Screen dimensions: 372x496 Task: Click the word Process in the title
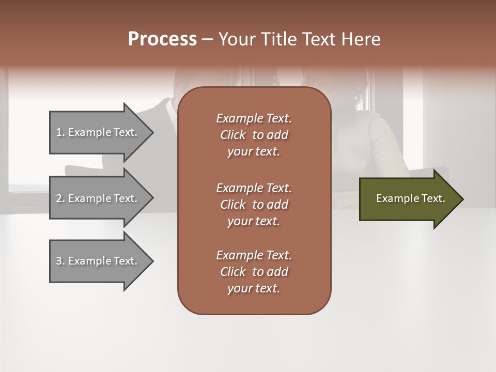(x=162, y=39)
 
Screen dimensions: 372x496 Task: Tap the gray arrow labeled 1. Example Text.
(x=98, y=132)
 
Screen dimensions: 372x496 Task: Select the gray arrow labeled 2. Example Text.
(x=98, y=198)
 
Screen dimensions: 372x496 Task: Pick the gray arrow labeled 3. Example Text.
(x=98, y=261)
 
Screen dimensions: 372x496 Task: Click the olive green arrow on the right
(x=408, y=199)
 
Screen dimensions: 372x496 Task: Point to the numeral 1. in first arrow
(x=60, y=132)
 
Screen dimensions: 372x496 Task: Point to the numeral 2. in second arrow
(x=60, y=198)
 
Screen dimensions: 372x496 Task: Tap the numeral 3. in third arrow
(x=60, y=261)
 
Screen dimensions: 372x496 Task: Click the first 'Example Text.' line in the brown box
(x=254, y=118)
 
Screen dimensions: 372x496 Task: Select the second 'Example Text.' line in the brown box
(x=254, y=188)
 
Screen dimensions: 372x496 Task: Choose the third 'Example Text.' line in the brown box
(x=254, y=255)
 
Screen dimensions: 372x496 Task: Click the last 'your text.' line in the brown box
(x=254, y=288)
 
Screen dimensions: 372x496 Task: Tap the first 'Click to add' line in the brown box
(x=254, y=135)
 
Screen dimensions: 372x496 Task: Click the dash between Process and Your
(x=207, y=40)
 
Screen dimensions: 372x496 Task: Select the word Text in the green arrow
(x=433, y=198)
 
